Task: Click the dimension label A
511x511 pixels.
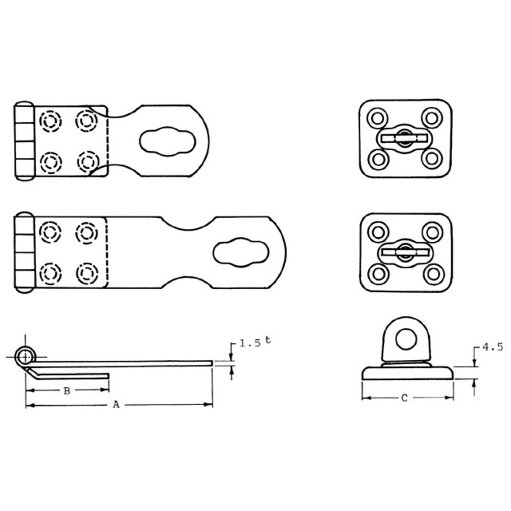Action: (116, 405)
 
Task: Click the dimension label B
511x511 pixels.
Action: (67, 391)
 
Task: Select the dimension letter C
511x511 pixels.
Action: (404, 398)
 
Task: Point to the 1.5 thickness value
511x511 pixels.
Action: (250, 343)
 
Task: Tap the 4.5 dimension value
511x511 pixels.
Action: (493, 347)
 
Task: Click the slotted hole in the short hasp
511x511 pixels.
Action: (168, 141)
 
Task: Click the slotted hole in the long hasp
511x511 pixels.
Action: (241, 252)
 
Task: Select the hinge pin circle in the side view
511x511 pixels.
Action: (25, 357)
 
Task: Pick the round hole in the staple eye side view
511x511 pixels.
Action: (406, 339)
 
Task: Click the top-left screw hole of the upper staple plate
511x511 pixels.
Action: (378, 118)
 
